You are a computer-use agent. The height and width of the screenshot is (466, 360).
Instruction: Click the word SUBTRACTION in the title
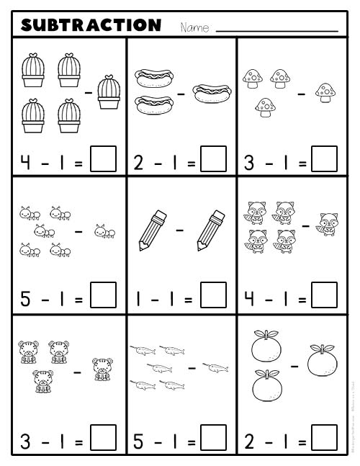[x=91, y=26]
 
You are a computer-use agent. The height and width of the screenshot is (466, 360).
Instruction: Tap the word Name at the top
[x=194, y=28]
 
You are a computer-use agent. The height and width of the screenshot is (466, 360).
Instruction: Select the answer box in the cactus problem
[x=104, y=159]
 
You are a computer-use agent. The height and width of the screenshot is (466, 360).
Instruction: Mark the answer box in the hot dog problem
[x=213, y=159]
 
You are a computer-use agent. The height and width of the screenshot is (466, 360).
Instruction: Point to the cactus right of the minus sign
[x=108, y=92]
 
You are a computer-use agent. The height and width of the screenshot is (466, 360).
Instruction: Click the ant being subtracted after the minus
[x=105, y=232]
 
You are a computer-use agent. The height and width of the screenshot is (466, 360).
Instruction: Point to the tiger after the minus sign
[x=102, y=369]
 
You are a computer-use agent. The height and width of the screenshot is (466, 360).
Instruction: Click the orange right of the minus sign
[x=321, y=362]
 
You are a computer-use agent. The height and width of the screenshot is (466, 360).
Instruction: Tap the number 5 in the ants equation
[x=25, y=297]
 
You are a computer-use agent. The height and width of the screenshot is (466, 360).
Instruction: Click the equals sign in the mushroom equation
[x=302, y=161]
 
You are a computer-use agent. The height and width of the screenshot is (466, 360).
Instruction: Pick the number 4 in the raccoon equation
[x=250, y=297]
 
